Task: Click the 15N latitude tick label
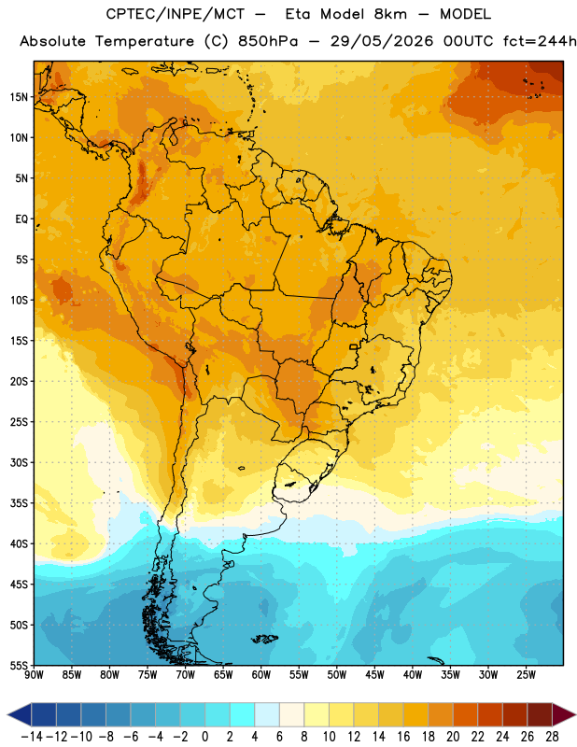click(x=19, y=97)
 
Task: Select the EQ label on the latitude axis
click(x=21, y=219)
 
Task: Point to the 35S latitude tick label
click(x=19, y=503)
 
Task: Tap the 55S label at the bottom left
click(x=19, y=665)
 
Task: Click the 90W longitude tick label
click(x=34, y=674)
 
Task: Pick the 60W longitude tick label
click(x=261, y=674)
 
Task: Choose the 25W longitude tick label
click(x=526, y=674)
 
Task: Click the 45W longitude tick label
click(x=374, y=674)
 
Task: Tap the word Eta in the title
click(x=298, y=14)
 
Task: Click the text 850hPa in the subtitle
click(x=268, y=41)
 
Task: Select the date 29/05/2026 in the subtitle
click(x=382, y=41)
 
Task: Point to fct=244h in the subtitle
click(x=540, y=41)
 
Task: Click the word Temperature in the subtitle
click(x=145, y=42)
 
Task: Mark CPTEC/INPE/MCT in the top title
click(x=176, y=14)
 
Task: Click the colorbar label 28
click(x=552, y=737)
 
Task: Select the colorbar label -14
click(x=32, y=737)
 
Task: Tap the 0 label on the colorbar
click(x=204, y=737)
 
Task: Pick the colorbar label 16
click(x=403, y=737)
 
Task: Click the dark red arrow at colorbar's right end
click(x=563, y=714)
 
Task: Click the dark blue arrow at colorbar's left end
click(x=20, y=714)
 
